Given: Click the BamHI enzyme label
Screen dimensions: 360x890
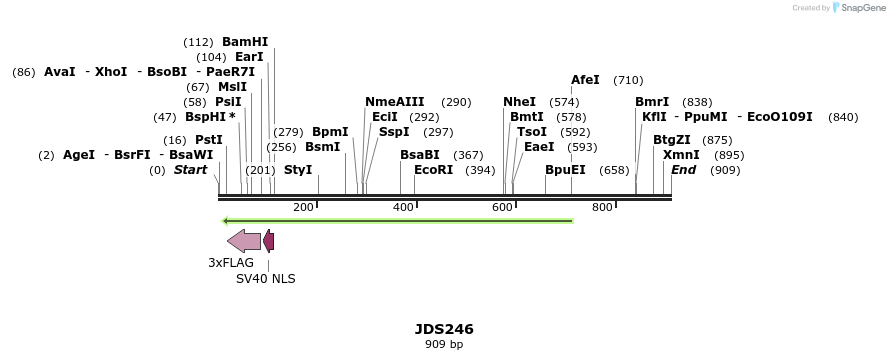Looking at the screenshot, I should tap(245, 42).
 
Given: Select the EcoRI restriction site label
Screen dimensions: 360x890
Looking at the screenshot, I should tap(433, 170).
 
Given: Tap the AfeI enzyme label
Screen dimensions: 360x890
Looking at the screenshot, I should tap(585, 80).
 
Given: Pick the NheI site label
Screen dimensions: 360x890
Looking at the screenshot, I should tap(519, 102).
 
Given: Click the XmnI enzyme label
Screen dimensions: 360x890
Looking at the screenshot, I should tap(681, 155).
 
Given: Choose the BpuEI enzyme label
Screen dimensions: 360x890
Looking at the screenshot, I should tap(565, 170).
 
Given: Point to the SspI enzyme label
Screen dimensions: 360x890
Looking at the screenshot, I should tap(394, 132).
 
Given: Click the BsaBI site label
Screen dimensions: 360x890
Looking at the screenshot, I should tap(420, 155).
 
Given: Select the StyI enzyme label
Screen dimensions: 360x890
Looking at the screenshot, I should tap(298, 170).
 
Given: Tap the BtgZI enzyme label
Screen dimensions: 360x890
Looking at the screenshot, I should tap(672, 140).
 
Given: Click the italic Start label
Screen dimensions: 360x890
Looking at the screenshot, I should tap(190, 170).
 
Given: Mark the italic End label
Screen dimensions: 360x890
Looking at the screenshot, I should tap(684, 170).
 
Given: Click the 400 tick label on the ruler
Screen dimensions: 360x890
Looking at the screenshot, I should tap(403, 207).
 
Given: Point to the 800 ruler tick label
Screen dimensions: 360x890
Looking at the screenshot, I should tap(602, 207).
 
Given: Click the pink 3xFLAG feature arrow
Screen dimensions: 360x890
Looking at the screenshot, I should tap(244, 240).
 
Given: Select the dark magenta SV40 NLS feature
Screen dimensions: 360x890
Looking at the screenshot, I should tap(268, 240).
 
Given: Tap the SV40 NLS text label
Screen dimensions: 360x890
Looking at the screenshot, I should tap(265, 279).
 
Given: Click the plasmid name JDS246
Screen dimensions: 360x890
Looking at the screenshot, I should tap(444, 329).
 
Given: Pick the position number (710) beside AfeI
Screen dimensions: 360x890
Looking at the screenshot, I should tap(628, 80).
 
